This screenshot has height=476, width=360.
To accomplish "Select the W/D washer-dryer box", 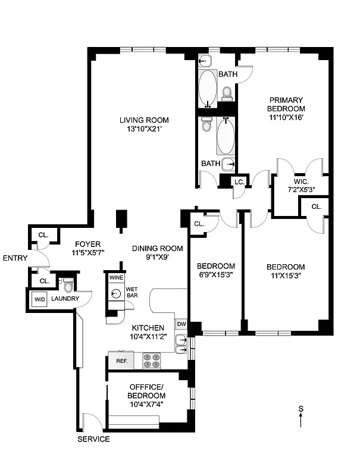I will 40,299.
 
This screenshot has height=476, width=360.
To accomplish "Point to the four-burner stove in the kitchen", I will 152,361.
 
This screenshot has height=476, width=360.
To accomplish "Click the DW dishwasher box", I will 181,324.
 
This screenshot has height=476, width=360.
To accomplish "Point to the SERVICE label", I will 93,439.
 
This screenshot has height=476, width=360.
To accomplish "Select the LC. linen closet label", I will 239,182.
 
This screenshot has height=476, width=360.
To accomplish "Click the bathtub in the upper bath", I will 208,87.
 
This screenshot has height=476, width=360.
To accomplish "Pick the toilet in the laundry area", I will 68,287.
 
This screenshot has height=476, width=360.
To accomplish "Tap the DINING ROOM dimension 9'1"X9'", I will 149,258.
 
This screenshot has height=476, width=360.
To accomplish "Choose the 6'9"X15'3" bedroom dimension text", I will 216,275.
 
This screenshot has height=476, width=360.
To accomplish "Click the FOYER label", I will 87,244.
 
